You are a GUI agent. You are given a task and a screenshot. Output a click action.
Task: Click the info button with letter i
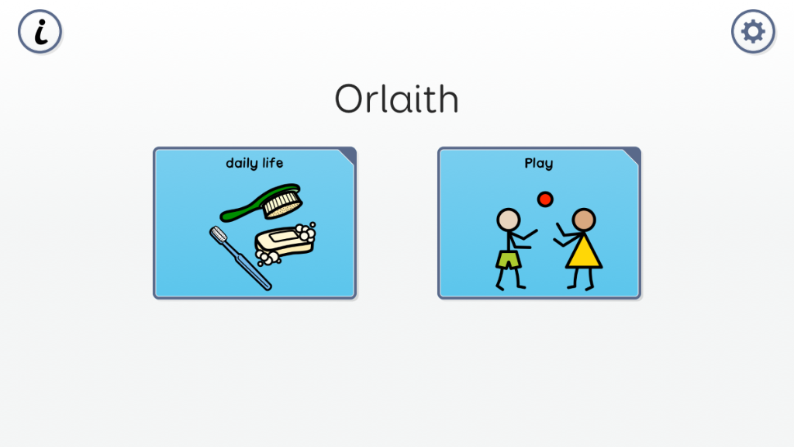point(40,31)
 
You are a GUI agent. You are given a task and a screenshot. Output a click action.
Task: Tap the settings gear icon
point(753,31)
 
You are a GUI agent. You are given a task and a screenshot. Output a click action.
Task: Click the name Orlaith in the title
point(396,99)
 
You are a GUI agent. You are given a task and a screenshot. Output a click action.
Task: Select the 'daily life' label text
point(254,163)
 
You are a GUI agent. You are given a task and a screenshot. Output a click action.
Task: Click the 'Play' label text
point(539,163)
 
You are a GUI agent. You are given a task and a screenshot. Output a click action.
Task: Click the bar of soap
point(284,241)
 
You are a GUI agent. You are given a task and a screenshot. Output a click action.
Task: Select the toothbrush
point(240,258)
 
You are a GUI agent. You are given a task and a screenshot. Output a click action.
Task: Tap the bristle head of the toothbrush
point(218,234)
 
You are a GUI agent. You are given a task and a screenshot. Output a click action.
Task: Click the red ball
point(545,199)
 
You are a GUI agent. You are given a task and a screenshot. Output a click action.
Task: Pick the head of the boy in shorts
point(509,220)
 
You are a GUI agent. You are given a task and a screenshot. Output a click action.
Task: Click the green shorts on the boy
point(508,259)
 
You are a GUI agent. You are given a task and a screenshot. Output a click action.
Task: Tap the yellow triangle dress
point(583,251)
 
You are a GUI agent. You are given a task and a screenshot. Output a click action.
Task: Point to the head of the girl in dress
point(584,220)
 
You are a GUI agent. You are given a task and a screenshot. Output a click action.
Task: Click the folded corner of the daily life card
point(349,155)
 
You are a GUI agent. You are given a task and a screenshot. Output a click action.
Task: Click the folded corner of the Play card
point(633,155)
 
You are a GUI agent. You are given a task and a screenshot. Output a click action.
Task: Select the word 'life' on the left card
point(272,163)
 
